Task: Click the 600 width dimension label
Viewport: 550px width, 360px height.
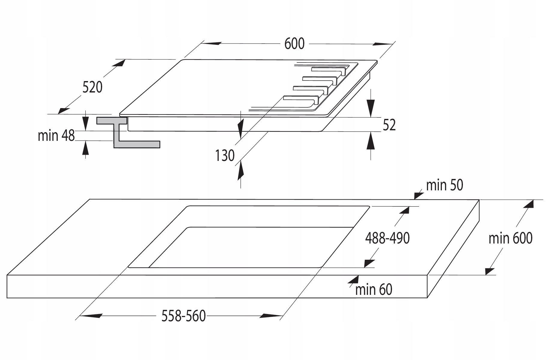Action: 294,44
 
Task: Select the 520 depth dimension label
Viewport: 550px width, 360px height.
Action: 92,87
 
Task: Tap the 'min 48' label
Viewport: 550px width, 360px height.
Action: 56,136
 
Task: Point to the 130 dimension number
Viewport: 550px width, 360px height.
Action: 225,156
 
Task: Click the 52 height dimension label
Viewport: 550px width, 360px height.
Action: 389,125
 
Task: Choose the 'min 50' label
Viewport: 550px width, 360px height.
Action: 445,185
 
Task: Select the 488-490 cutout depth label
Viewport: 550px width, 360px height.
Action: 387,238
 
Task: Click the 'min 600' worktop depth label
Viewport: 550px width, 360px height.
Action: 510,238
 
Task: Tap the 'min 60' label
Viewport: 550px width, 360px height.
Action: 374,289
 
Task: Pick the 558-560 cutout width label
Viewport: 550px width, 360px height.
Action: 184,316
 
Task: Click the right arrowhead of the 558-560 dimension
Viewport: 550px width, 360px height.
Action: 270,316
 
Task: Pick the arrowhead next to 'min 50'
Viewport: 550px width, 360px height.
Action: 419,195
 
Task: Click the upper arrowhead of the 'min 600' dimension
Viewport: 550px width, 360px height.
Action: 529,204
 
